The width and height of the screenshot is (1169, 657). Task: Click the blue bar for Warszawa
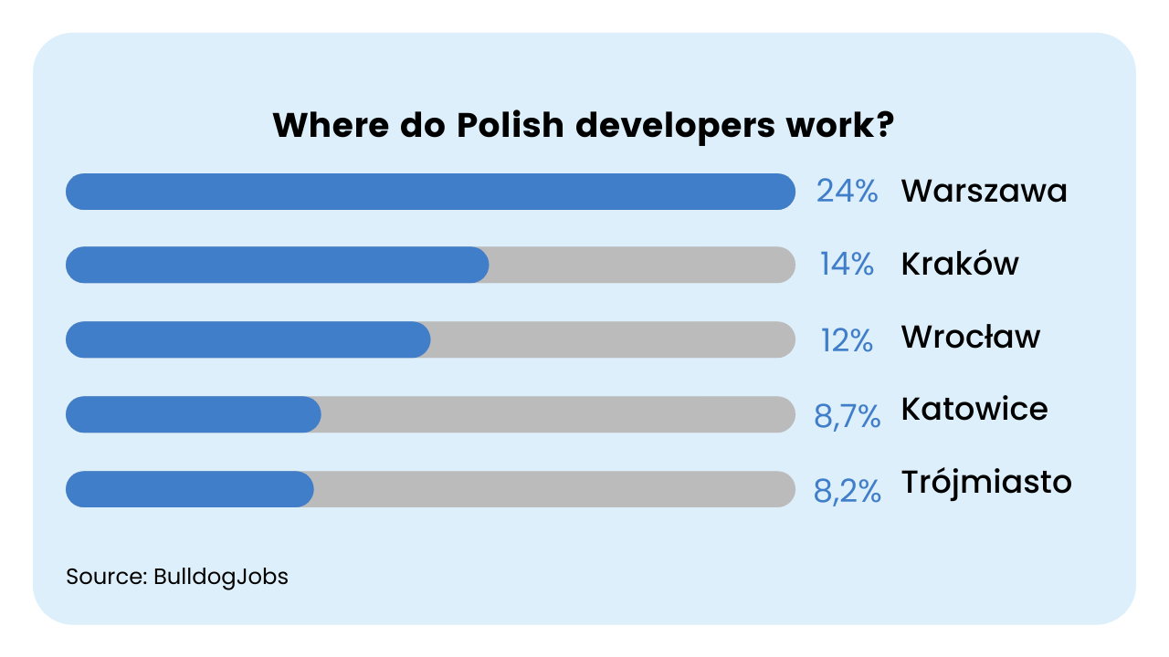click(x=430, y=192)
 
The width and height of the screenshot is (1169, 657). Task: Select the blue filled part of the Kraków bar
click(x=277, y=265)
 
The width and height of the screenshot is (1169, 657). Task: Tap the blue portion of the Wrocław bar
click(x=247, y=339)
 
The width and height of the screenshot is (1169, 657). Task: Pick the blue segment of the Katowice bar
click(x=193, y=414)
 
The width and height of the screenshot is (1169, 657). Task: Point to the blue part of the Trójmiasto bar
click(x=189, y=489)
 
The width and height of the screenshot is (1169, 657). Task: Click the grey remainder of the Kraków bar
click(x=642, y=265)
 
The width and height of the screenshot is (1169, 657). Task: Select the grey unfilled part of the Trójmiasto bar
click(x=554, y=489)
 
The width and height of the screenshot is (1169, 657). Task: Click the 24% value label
click(x=847, y=191)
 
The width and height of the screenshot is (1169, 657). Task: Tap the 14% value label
click(x=847, y=264)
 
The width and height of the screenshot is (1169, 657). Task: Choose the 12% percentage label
click(x=847, y=340)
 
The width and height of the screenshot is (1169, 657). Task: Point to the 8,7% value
click(x=847, y=417)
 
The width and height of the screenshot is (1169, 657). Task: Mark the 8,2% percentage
click(x=847, y=491)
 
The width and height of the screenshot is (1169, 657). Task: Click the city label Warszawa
click(x=985, y=191)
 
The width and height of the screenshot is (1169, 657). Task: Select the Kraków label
click(x=960, y=263)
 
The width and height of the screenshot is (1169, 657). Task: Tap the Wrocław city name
click(x=971, y=337)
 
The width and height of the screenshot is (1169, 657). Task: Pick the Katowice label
click(x=974, y=409)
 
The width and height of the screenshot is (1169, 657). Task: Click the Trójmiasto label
click(x=986, y=484)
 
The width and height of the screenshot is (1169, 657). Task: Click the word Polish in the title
click(x=511, y=125)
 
